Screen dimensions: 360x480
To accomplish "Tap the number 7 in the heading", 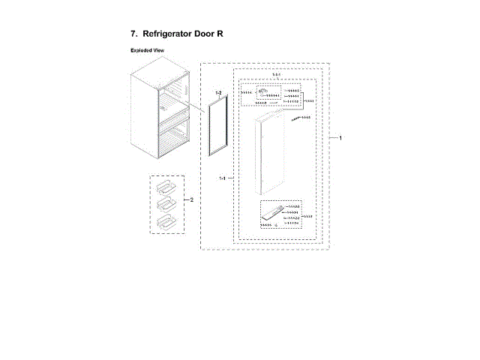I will [x=133, y=34].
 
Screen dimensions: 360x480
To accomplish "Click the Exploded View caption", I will [x=147, y=50].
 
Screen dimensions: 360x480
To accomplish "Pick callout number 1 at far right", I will [x=340, y=139].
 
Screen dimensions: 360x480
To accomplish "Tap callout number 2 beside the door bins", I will [x=192, y=200].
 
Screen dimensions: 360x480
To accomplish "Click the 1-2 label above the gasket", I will [x=218, y=92].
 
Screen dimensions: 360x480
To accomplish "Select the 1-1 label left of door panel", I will [x=223, y=178].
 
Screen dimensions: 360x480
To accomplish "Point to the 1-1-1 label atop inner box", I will [x=276, y=76].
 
